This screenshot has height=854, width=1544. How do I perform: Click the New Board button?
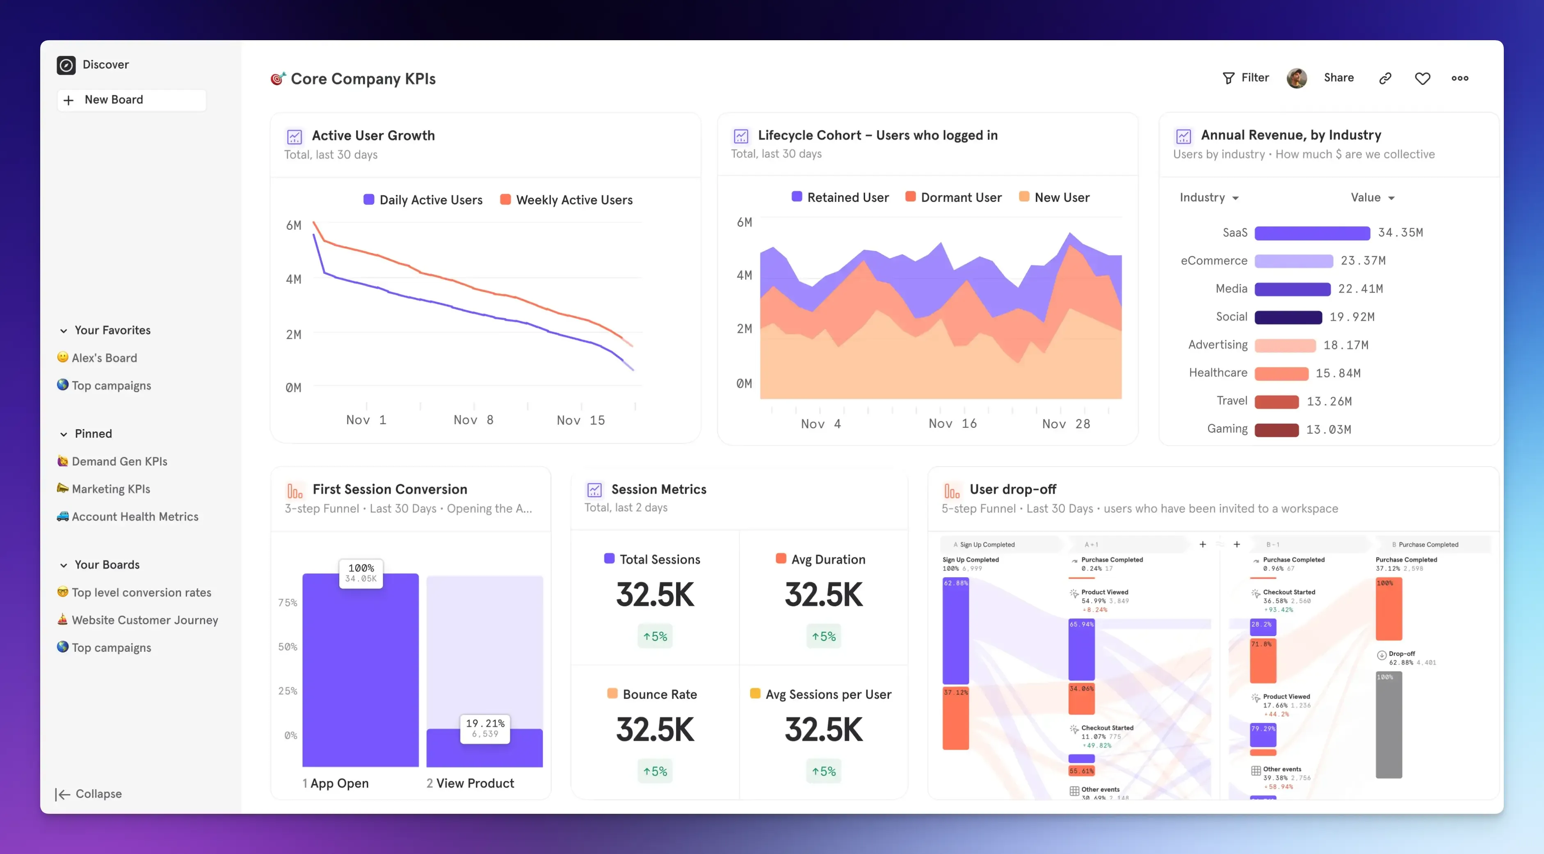[131, 100]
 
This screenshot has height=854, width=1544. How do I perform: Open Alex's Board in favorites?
[104, 358]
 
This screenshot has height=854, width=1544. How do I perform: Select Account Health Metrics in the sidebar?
[135, 516]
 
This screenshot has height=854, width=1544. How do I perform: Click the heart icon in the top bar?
[1422, 78]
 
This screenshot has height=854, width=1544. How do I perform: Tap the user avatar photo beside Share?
[1297, 78]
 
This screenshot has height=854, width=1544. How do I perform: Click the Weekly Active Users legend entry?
[566, 200]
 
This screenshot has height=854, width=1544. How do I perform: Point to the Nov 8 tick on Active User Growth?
[473, 420]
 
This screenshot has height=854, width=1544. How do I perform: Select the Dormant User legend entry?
[954, 198]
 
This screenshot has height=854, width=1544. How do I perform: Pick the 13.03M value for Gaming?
[1328, 430]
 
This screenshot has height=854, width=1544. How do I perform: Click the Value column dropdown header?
[1372, 198]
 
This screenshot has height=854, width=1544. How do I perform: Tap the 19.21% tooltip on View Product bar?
[485, 728]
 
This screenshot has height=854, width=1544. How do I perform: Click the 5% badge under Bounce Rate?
[655, 771]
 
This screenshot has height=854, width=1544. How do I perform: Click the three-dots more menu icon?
[1459, 78]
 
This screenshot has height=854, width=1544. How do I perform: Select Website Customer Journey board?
[144, 620]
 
